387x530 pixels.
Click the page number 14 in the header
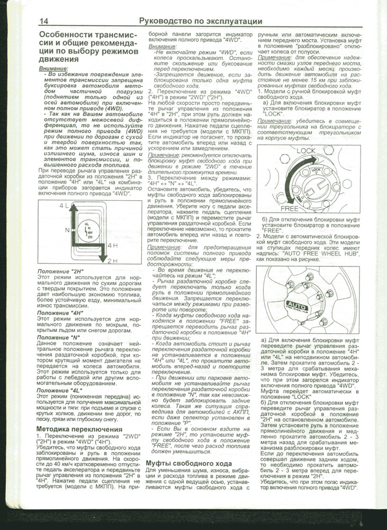[x=45, y=21]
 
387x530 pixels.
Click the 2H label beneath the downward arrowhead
[x=112, y=262]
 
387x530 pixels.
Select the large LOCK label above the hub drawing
[x=306, y=151]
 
